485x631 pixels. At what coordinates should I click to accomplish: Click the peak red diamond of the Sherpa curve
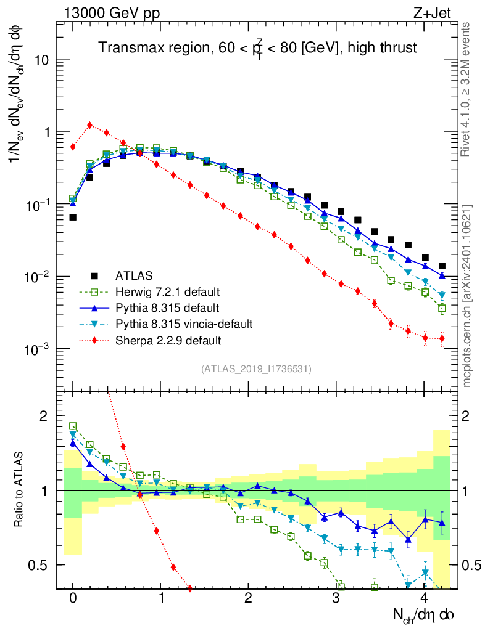tap(90, 125)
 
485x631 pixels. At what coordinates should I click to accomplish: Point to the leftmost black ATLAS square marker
tap(73, 217)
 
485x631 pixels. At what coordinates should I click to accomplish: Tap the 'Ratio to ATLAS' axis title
tap(21, 491)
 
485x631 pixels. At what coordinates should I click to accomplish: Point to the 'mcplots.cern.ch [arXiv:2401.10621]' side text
tap(467, 296)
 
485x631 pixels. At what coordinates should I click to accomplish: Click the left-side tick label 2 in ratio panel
tap(44, 416)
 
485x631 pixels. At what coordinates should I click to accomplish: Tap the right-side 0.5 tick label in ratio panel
tap(472, 565)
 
